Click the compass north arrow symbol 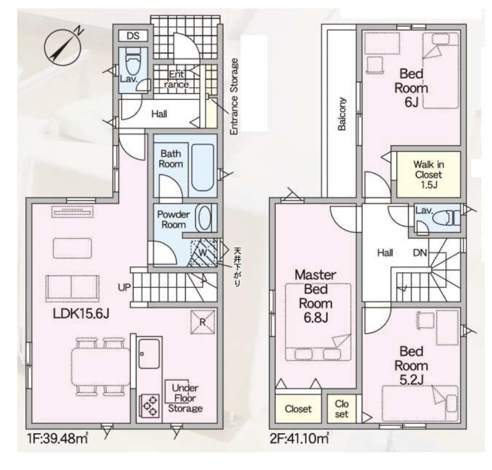click(x=63, y=47)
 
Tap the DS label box click(x=133, y=36)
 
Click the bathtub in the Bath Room click(x=203, y=168)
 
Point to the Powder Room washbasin click(x=203, y=218)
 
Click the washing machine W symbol click(x=203, y=253)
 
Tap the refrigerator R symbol click(x=203, y=322)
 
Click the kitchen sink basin click(x=149, y=354)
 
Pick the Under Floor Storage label click(x=185, y=398)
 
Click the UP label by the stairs click(x=124, y=287)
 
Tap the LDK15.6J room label click(x=81, y=313)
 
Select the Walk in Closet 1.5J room click(x=429, y=175)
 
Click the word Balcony click(x=342, y=113)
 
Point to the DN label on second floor click(x=420, y=253)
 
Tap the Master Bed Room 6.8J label click(x=316, y=296)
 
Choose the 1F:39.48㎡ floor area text click(x=57, y=438)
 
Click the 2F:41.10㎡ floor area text click(x=299, y=438)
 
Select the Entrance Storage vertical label click(x=234, y=97)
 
